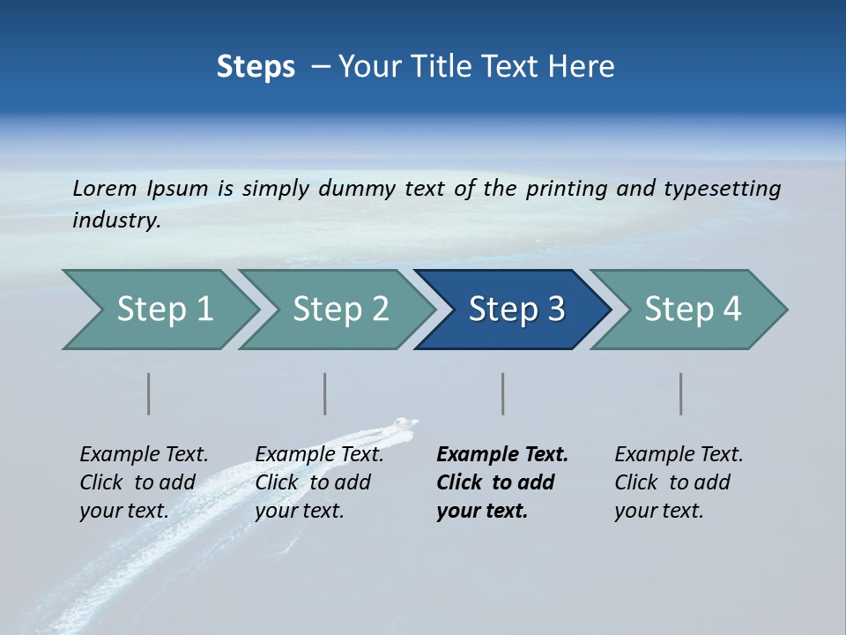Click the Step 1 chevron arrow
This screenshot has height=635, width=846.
(x=163, y=310)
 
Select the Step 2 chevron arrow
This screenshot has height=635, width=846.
(x=339, y=310)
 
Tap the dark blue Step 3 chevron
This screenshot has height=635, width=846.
(x=516, y=310)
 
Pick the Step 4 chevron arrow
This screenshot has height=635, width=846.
(x=692, y=310)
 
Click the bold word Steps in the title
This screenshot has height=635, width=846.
(x=256, y=67)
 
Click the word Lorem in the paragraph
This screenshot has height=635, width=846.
(x=105, y=189)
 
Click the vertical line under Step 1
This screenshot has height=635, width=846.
(x=149, y=393)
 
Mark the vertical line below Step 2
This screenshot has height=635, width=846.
(x=325, y=393)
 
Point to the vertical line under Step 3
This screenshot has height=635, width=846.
(x=502, y=393)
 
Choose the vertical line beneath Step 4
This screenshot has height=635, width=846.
(x=680, y=393)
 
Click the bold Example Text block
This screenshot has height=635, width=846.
(x=501, y=482)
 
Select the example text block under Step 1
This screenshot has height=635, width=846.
(x=143, y=482)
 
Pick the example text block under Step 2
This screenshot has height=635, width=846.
(x=318, y=482)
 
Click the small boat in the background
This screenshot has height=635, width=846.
(x=403, y=425)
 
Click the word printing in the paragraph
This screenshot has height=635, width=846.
(x=567, y=189)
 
